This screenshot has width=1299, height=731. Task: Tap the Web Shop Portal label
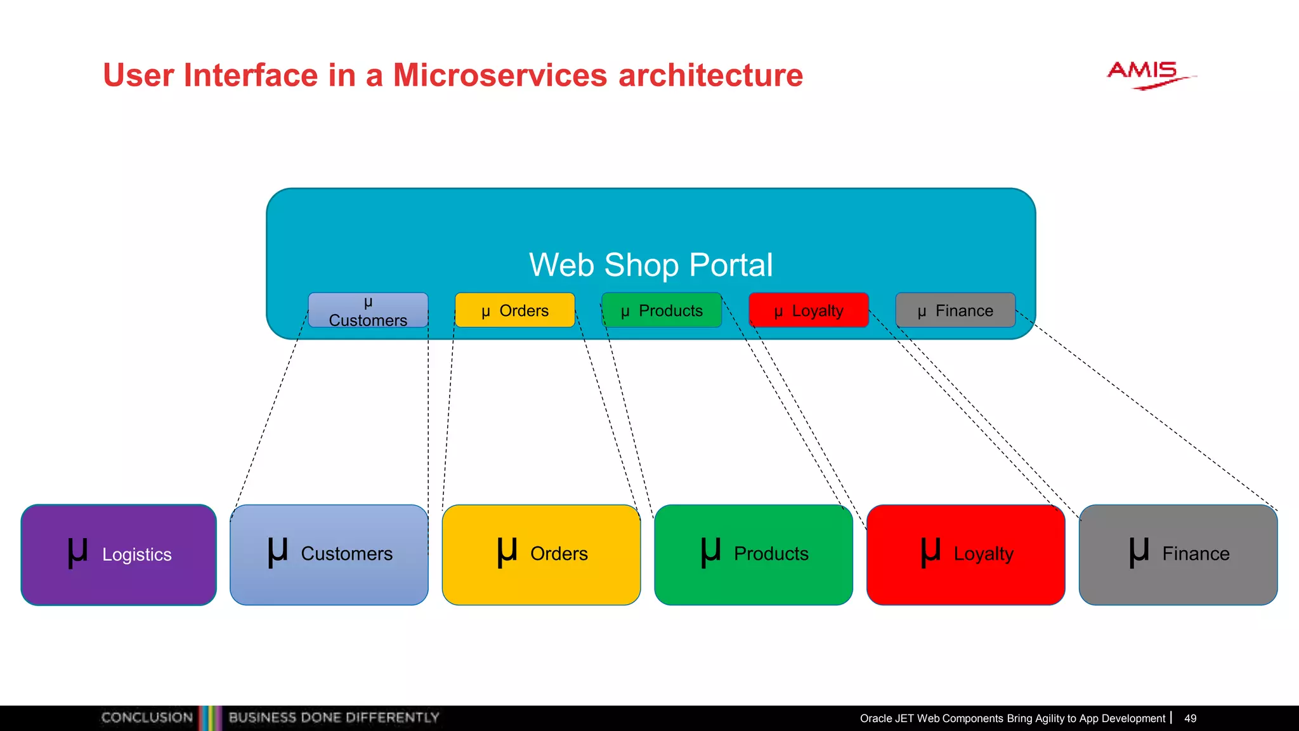coord(651,265)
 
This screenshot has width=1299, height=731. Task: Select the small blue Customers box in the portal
coord(368,310)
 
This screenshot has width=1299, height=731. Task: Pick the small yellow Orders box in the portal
coord(514,310)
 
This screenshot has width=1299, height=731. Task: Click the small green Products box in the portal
coord(662,310)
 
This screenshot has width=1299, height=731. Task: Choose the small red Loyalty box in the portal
coord(808,310)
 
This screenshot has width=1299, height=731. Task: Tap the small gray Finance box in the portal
coord(955,310)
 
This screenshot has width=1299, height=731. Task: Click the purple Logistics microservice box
coord(119,555)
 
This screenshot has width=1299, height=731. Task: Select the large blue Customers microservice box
coord(329,555)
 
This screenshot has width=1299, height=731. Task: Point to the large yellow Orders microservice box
coord(541,555)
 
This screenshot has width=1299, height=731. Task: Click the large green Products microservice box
coord(754,555)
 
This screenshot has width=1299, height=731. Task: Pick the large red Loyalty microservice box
coord(965,555)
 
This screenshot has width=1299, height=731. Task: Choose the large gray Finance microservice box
coord(1178,555)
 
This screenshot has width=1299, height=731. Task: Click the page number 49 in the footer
coord(1190,718)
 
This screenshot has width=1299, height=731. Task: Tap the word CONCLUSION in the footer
coord(147,718)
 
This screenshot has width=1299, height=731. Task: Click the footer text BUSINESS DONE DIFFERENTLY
coord(334,718)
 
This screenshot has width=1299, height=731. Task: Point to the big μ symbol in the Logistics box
coord(77,551)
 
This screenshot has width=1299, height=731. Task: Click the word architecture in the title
coord(710,76)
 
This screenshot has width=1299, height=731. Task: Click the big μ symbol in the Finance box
coord(1139,551)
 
